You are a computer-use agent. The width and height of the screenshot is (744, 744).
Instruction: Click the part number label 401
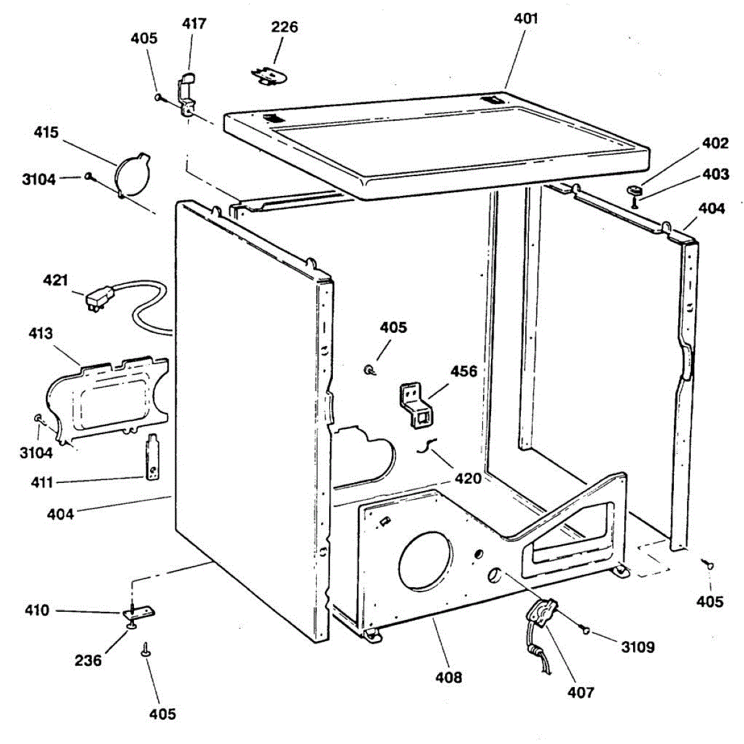[526, 19]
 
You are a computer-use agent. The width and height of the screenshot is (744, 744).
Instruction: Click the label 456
[464, 371]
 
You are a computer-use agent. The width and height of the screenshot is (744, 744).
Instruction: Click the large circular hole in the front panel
[425, 560]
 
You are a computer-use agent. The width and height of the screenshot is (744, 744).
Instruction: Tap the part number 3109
[638, 648]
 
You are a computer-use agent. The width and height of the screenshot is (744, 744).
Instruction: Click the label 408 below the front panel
[448, 678]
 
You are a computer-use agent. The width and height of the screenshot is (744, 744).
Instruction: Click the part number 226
[285, 27]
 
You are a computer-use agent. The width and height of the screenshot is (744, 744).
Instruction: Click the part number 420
[468, 479]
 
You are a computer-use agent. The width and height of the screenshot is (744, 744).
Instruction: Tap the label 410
[37, 611]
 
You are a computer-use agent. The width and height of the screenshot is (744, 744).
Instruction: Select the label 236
[88, 661]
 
